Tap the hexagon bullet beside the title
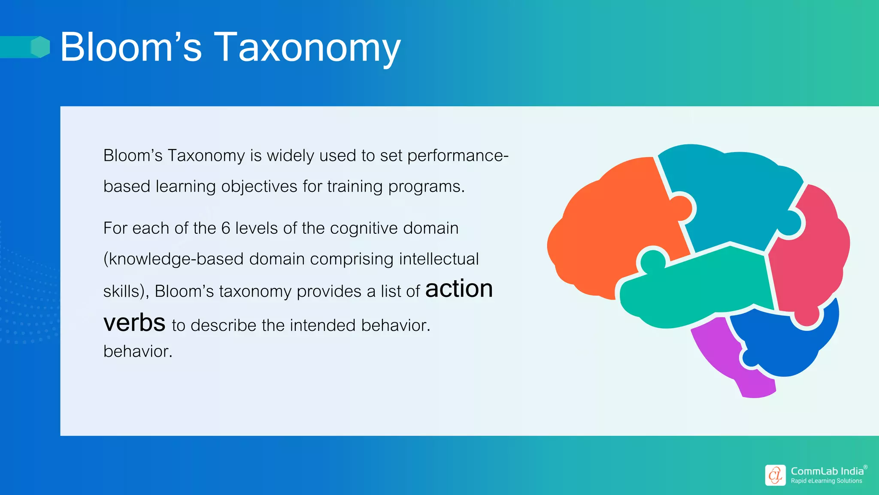click(x=40, y=47)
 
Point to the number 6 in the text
click(x=226, y=228)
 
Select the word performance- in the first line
click(x=458, y=156)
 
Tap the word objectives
click(x=259, y=186)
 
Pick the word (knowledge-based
click(x=173, y=259)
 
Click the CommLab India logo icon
click(x=775, y=475)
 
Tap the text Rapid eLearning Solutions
click(x=826, y=481)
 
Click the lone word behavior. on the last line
click(x=138, y=351)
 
